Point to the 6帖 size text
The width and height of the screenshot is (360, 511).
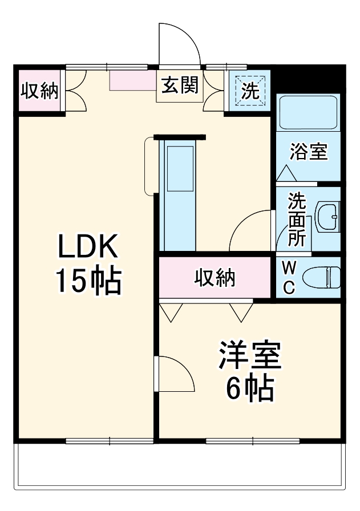coord(250,389)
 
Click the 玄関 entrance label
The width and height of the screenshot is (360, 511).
coord(179,86)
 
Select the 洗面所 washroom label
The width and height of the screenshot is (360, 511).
coord(296,219)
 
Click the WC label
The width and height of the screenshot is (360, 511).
coord(289,277)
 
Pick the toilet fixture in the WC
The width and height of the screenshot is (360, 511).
coord(321,278)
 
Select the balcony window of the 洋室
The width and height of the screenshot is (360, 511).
coord(252,440)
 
